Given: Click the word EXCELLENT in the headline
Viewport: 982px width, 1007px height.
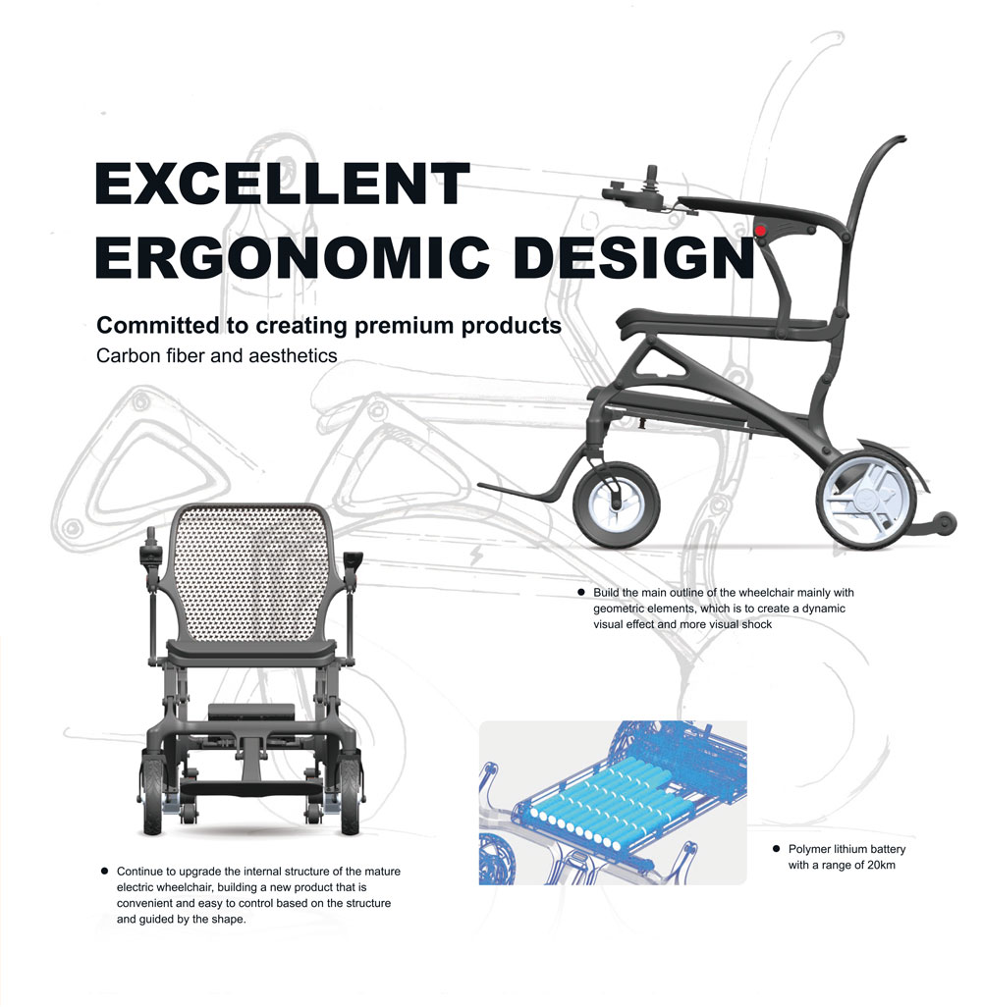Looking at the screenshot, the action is pyautogui.click(x=283, y=184).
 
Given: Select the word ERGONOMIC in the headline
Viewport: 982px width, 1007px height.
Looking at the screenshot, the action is pyautogui.click(x=293, y=257).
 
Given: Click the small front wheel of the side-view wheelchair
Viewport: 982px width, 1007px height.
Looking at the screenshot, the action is pyautogui.click(x=617, y=504).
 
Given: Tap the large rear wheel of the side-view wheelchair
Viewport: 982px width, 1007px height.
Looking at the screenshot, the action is pyautogui.click(x=866, y=495).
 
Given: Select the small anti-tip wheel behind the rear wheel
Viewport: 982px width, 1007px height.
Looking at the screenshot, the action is pyautogui.click(x=944, y=523).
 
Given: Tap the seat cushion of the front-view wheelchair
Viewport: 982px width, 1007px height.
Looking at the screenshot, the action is pyautogui.click(x=251, y=653).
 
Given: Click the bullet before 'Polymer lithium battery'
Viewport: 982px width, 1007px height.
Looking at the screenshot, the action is pyautogui.click(x=777, y=849).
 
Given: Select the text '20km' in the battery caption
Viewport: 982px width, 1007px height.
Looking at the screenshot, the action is pyautogui.click(x=881, y=865).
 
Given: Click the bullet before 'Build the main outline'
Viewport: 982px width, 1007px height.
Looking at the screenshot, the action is pyautogui.click(x=581, y=592).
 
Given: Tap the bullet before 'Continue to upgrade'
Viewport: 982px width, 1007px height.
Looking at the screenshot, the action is pyautogui.click(x=105, y=872).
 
